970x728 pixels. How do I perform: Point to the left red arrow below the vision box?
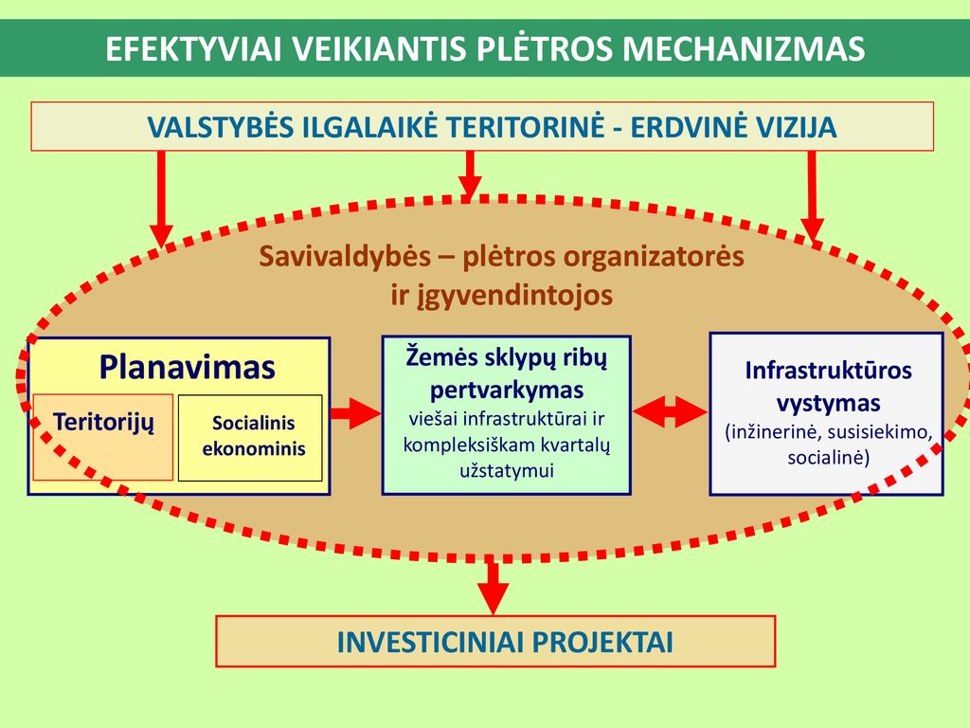(161, 199)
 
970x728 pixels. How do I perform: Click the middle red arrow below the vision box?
(470, 176)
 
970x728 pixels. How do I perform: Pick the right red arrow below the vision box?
(812, 195)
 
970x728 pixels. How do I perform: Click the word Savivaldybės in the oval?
(345, 256)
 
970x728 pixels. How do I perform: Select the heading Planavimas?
(187, 367)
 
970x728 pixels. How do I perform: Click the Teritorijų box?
(102, 437)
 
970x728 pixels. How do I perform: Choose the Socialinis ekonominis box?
(250, 438)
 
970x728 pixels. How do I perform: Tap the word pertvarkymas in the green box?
(507, 390)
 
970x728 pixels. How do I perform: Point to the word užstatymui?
(507, 470)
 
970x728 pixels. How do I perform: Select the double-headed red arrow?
(670, 411)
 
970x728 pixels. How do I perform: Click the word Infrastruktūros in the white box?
(828, 371)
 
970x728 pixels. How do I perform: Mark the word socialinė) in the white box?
(828, 458)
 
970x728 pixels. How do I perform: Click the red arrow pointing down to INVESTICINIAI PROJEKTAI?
(493, 584)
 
